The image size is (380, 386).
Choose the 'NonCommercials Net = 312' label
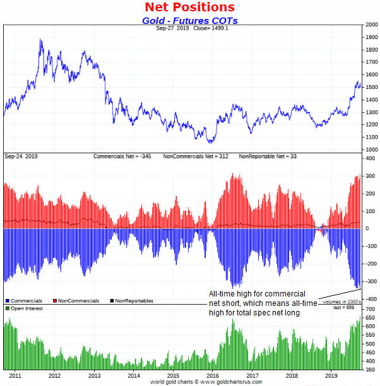[194, 156]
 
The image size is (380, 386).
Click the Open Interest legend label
[26, 308]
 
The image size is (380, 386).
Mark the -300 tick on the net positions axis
[370, 282]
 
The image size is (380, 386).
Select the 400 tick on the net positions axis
[370, 158]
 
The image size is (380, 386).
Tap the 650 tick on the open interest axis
[370, 318]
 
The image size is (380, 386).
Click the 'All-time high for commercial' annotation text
[258, 295]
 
